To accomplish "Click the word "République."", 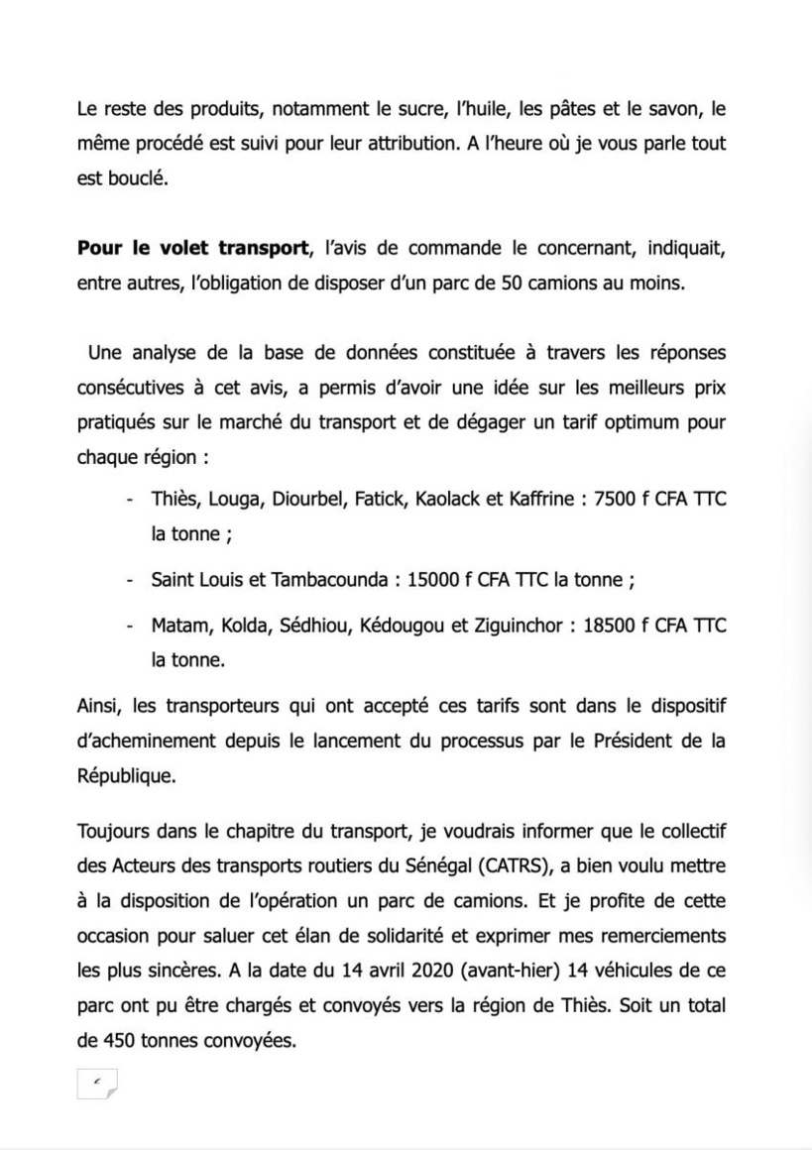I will point(127,777).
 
